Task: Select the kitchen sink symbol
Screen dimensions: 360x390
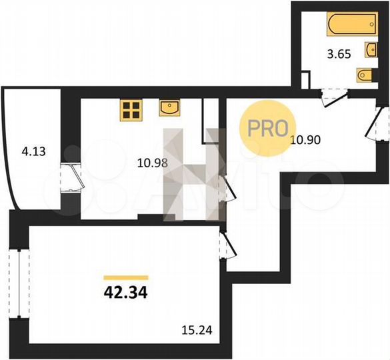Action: tap(169, 107)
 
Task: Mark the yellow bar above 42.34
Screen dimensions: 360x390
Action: tap(125, 276)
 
